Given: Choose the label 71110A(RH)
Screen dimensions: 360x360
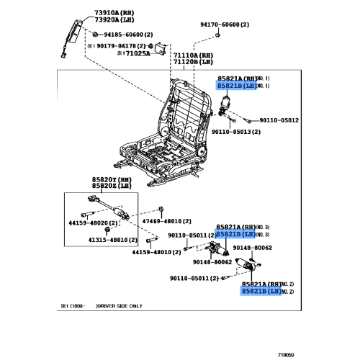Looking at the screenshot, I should (x=192, y=55).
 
